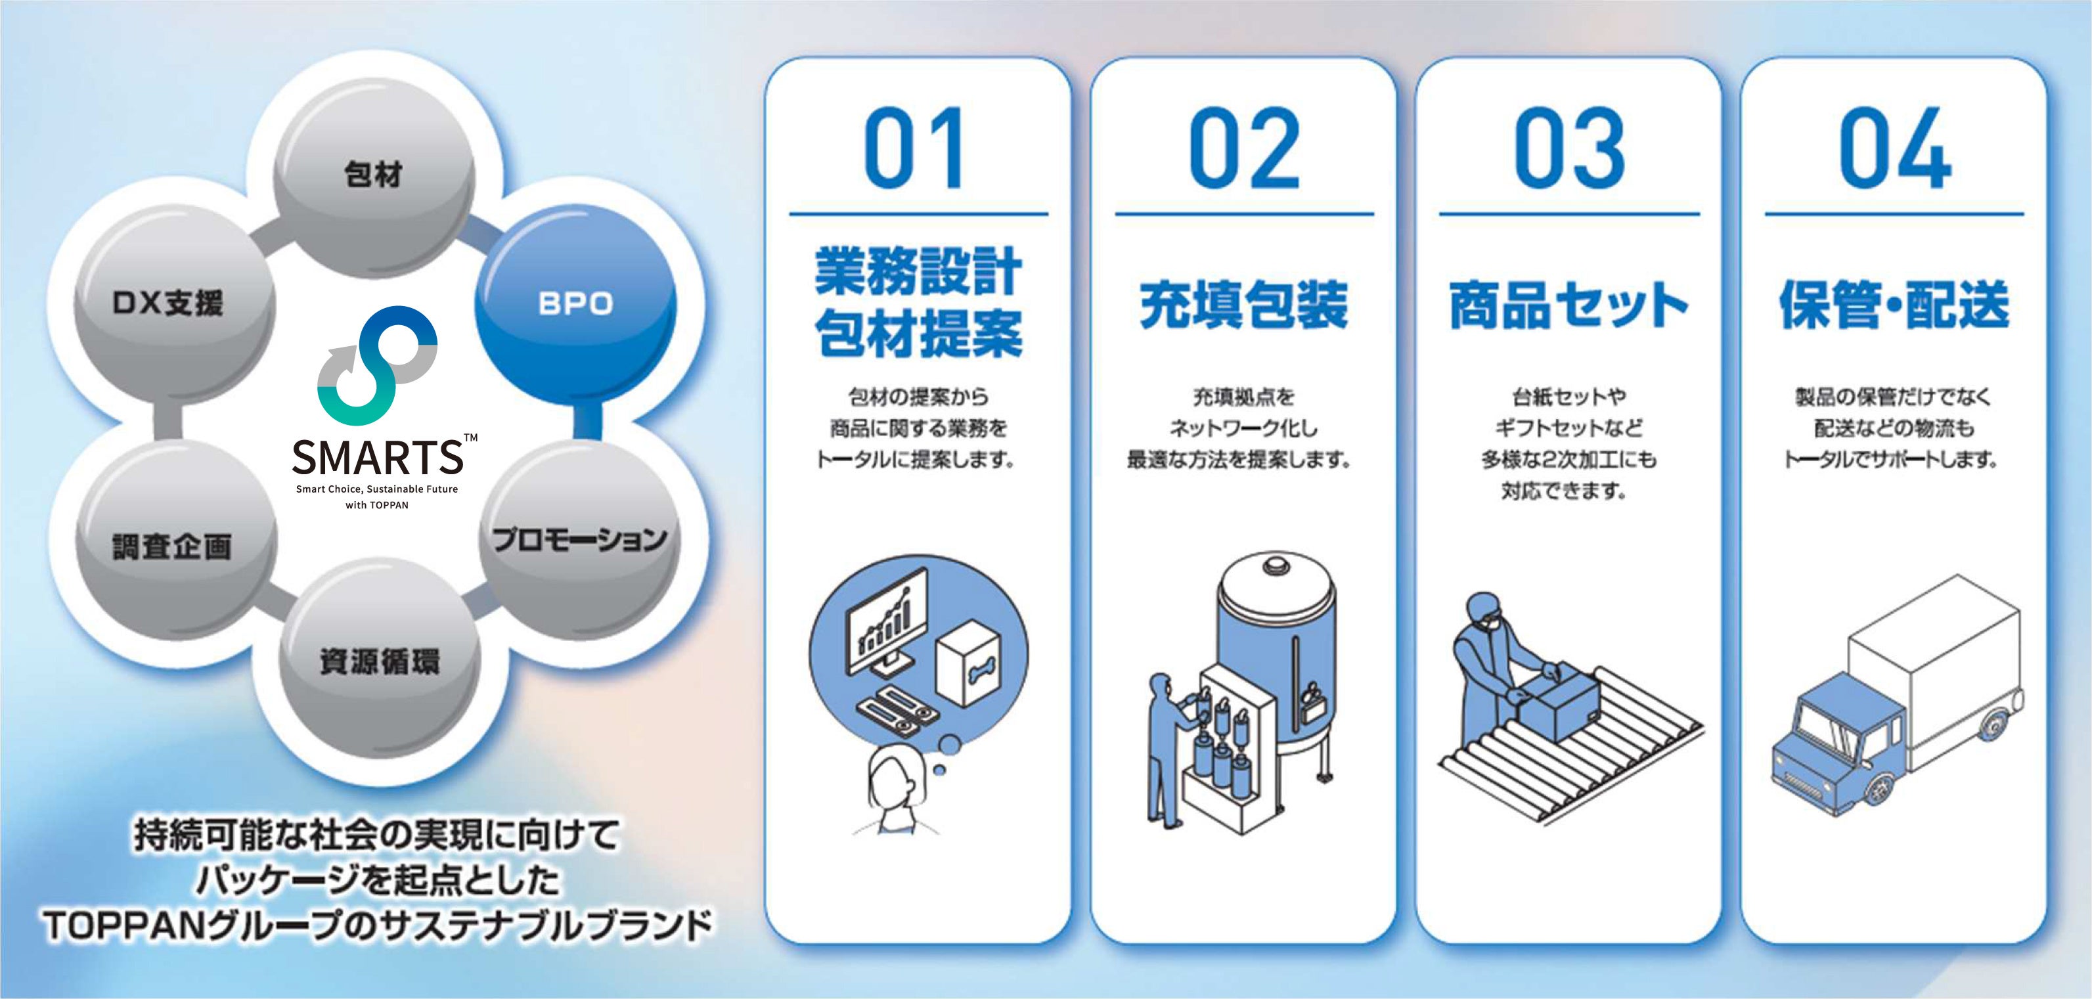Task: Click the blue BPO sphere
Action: [575, 303]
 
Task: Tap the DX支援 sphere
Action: [168, 303]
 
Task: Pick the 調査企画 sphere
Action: [172, 546]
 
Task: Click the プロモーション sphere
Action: [580, 539]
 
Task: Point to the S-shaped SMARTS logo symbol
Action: [378, 365]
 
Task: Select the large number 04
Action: [1895, 148]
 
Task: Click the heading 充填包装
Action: [1243, 305]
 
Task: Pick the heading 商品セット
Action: [1569, 305]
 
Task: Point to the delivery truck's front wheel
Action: [1880, 786]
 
